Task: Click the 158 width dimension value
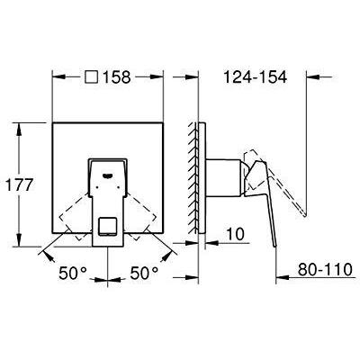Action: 117,77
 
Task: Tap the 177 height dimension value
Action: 19,184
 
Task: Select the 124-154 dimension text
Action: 256,77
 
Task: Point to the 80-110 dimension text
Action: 325,269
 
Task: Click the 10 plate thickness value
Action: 235,234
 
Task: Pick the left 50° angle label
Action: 73,274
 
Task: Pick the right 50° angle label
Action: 144,274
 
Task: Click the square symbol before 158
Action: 91,77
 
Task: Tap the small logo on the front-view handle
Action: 108,175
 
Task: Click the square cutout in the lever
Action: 108,226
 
